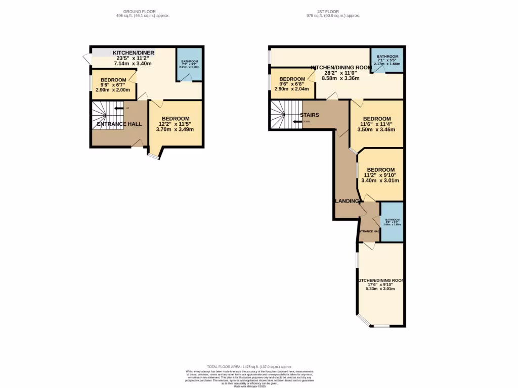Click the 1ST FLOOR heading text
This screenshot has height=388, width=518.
[x=333, y=11]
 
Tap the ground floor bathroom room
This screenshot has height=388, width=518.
[x=190, y=64]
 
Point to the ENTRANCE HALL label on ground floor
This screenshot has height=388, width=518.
[x=119, y=124]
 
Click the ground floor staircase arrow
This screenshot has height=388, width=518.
[x=119, y=108]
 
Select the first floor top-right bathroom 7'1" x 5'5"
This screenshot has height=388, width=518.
[x=387, y=60]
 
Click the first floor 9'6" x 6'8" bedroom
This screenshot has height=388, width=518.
[x=292, y=83]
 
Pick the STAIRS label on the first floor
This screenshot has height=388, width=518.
[x=309, y=115]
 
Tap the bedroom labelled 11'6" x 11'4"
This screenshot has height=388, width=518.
[x=377, y=124]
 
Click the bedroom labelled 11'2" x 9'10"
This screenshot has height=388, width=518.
[x=380, y=175]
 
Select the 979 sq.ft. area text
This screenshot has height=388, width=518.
[x=333, y=16]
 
